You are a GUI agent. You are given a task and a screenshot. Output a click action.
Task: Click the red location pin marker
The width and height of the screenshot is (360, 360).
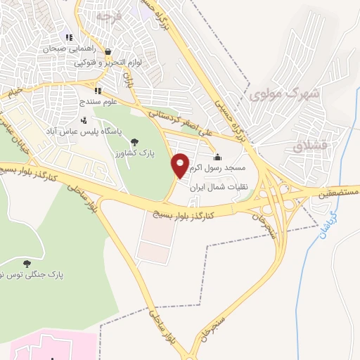click(181, 165)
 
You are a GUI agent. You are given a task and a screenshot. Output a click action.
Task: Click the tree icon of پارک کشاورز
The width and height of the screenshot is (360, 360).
click(134, 139)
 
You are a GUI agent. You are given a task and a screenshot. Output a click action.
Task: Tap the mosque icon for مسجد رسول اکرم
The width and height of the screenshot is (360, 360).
click(217, 157)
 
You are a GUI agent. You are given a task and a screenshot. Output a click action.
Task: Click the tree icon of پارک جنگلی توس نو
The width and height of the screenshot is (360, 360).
click(27, 264)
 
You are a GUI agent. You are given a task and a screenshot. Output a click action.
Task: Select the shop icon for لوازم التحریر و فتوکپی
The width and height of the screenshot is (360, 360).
click(108, 51)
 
